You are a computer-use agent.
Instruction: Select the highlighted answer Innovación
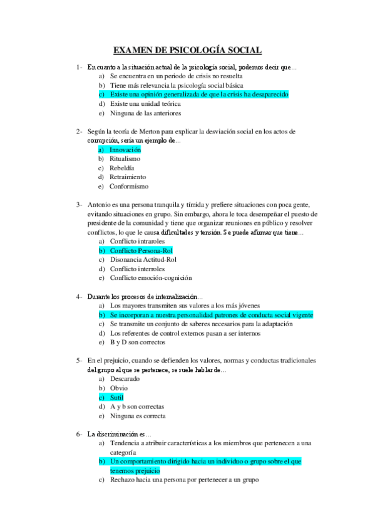(125, 150)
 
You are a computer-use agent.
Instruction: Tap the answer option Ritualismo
(125, 159)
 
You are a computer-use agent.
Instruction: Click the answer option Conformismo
(129, 186)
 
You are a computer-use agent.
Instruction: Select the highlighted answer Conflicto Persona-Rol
(141, 250)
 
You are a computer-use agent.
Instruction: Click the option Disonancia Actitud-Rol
(143, 259)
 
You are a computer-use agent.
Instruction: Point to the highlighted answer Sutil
(116, 397)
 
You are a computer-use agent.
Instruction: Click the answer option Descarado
(125, 379)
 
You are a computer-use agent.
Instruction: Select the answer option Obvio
(118, 388)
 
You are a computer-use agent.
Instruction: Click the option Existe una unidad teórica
(145, 103)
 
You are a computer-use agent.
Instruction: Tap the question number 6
(79, 433)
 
